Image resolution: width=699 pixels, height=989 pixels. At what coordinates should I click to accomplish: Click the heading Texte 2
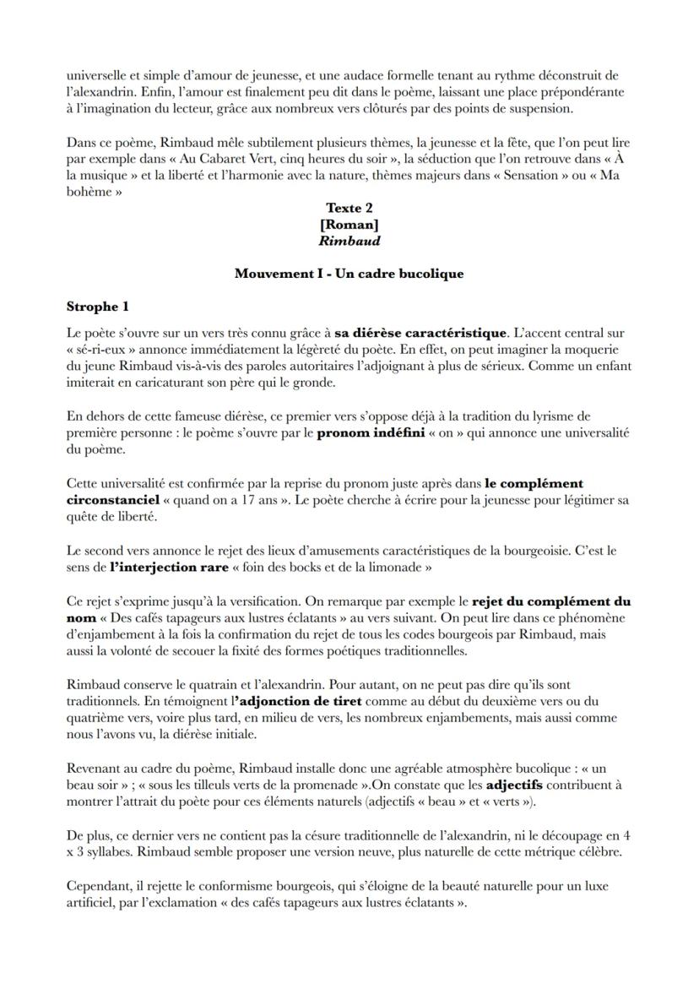click(x=349, y=208)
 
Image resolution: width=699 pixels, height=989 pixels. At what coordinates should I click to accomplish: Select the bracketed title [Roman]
click(x=349, y=224)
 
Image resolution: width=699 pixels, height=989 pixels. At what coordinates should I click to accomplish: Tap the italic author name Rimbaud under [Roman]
click(x=349, y=241)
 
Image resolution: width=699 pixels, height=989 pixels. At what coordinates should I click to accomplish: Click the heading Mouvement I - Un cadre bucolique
click(x=349, y=274)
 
